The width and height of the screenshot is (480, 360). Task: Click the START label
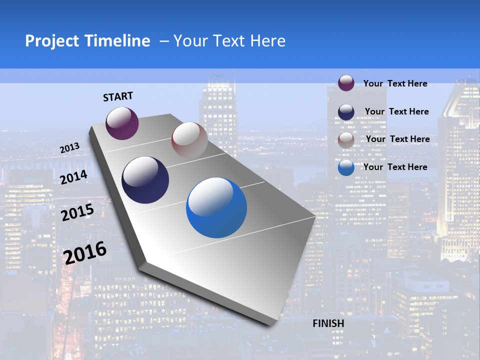click(x=118, y=96)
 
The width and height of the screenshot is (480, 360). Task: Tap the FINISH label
click(x=328, y=323)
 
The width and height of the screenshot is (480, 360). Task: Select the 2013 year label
click(x=70, y=148)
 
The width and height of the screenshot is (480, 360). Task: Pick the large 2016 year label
click(x=85, y=252)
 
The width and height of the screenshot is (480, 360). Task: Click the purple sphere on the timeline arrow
click(x=122, y=123)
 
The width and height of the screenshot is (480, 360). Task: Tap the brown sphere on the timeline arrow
click(x=189, y=140)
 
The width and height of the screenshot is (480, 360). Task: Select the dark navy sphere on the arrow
click(x=145, y=180)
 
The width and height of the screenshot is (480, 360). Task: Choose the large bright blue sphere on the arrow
click(x=216, y=207)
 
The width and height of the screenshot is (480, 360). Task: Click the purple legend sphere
click(x=346, y=83)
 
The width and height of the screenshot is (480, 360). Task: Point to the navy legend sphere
click(x=346, y=112)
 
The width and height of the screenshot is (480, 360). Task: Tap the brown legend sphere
click(x=346, y=140)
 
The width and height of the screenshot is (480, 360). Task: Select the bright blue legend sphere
click(x=346, y=167)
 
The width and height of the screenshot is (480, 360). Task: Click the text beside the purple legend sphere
click(x=395, y=84)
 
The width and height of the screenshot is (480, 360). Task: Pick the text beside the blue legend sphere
click(x=395, y=167)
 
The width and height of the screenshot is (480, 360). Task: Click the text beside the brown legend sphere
click(x=397, y=139)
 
